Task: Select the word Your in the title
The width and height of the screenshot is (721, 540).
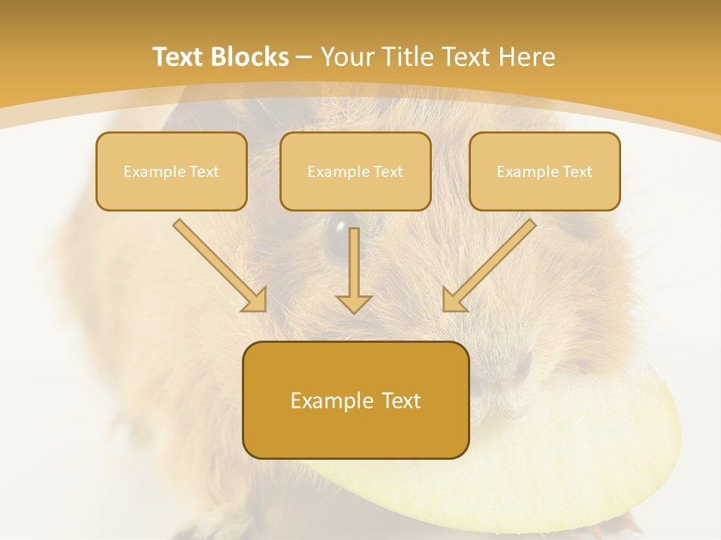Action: (348, 57)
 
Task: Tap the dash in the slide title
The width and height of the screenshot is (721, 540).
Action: (304, 57)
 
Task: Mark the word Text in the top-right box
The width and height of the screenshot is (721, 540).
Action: (577, 172)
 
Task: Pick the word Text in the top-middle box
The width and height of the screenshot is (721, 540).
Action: (388, 172)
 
